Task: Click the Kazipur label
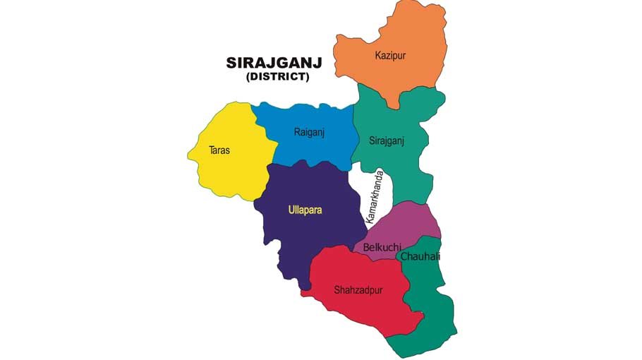(390, 55)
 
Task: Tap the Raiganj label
(308, 131)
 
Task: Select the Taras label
(219, 150)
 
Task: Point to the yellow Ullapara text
(304, 210)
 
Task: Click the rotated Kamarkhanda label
(374, 197)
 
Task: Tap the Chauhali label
(420, 256)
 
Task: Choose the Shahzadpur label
(358, 289)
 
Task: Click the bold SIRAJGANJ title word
(274, 63)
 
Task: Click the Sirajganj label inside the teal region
(387, 140)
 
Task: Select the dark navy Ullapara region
(303, 233)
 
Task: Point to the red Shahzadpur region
(360, 307)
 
